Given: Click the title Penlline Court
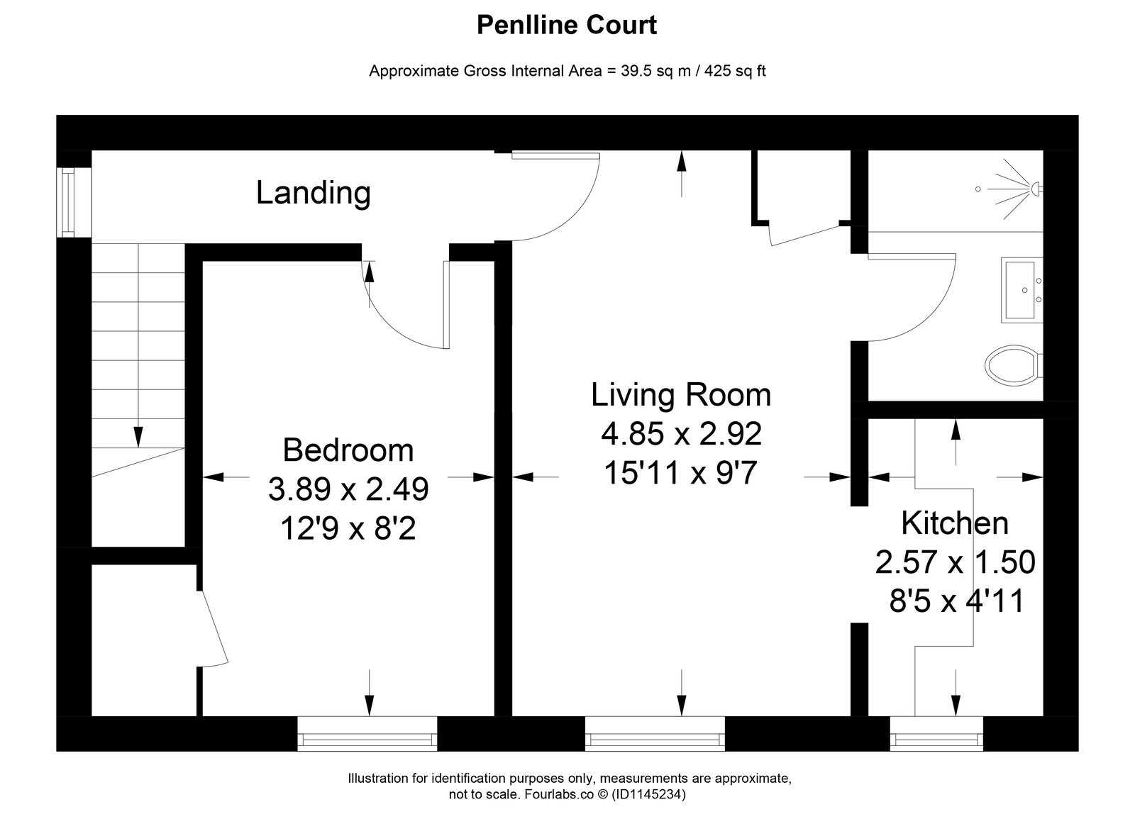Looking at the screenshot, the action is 567,26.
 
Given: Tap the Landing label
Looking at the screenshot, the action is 313,193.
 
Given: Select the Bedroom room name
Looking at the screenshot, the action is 348,450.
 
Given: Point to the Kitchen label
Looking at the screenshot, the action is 955,523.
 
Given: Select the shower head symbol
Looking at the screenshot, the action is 1036,189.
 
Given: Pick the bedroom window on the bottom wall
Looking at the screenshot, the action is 367,733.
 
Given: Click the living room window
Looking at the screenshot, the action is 655,733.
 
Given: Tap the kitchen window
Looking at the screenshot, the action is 936,733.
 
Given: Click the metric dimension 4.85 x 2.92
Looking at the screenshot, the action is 682,434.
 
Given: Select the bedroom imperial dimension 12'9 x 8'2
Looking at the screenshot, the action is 348,529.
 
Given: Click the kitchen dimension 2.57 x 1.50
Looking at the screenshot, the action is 955,562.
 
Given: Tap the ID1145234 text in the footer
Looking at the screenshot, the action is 648,794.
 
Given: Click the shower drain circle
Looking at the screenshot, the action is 978,189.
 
